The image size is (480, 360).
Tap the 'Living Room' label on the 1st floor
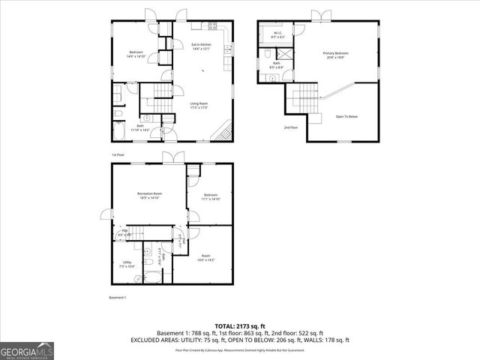tap(199, 105)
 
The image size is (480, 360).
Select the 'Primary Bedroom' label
tap(336, 55)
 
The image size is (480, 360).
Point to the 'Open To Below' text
tap(346, 116)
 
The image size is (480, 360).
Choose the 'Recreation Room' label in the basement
tap(149, 196)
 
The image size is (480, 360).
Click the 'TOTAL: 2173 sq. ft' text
tap(239, 325)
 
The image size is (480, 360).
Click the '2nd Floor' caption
tap(291, 127)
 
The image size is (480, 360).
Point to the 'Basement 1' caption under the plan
tap(118, 298)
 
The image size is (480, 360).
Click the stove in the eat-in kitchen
tap(229, 49)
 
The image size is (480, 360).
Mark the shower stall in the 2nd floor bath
tap(286, 55)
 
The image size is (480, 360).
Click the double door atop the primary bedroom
tap(320, 14)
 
